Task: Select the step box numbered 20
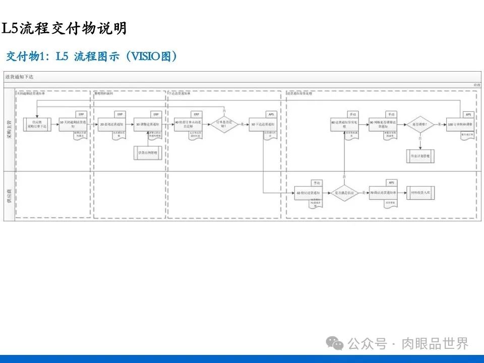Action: click(111, 125)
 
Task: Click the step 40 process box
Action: click(187, 125)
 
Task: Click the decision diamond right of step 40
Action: click(223, 124)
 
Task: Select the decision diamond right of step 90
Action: click(420, 124)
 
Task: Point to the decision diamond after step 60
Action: click(345, 193)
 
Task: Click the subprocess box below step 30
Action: click(148, 152)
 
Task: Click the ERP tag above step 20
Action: click(119, 114)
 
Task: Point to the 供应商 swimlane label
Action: click(9, 196)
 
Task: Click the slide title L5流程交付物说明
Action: click(65, 28)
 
